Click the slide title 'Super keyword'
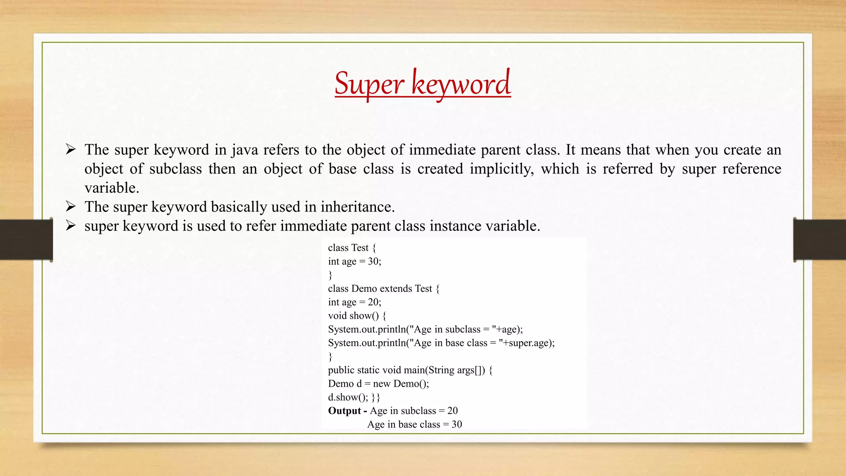click(423, 83)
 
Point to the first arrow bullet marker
click(71, 149)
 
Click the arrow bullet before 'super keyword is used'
click(71, 226)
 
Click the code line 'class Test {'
click(352, 248)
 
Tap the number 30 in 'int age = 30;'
click(373, 262)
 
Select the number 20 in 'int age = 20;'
click(373, 302)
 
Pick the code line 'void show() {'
click(357, 316)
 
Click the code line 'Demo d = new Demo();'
click(378, 384)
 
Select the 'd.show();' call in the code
click(348, 397)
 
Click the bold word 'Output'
click(345, 411)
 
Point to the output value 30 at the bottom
click(456, 425)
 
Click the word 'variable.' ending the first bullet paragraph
click(112, 188)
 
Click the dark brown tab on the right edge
click(820, 240)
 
